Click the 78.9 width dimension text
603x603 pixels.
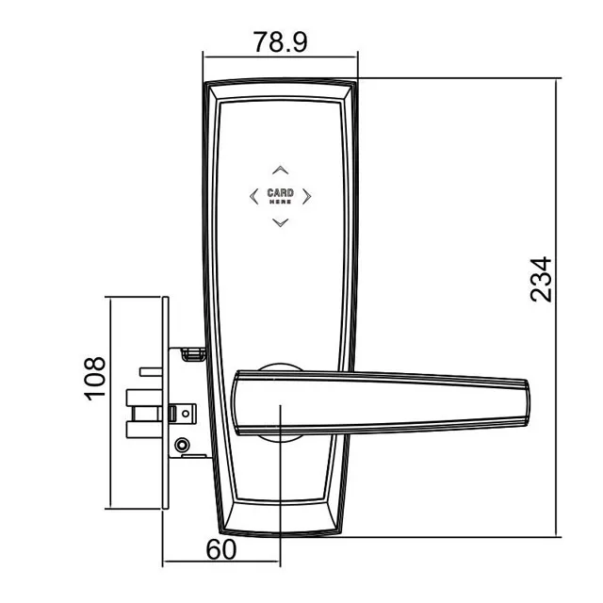click(280, 42)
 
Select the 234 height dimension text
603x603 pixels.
click(540, 279)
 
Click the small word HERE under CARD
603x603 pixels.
click(280, 202)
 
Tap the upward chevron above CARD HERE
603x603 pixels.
click(280, 171)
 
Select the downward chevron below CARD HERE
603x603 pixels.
click(280, 222)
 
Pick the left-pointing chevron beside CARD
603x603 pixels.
click(253, 196)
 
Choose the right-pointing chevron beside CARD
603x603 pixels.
click(308, 196)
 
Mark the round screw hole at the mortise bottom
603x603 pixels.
click(182, 445)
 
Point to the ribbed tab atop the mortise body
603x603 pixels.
click(192, 354)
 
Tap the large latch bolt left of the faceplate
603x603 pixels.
click(141, 415)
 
